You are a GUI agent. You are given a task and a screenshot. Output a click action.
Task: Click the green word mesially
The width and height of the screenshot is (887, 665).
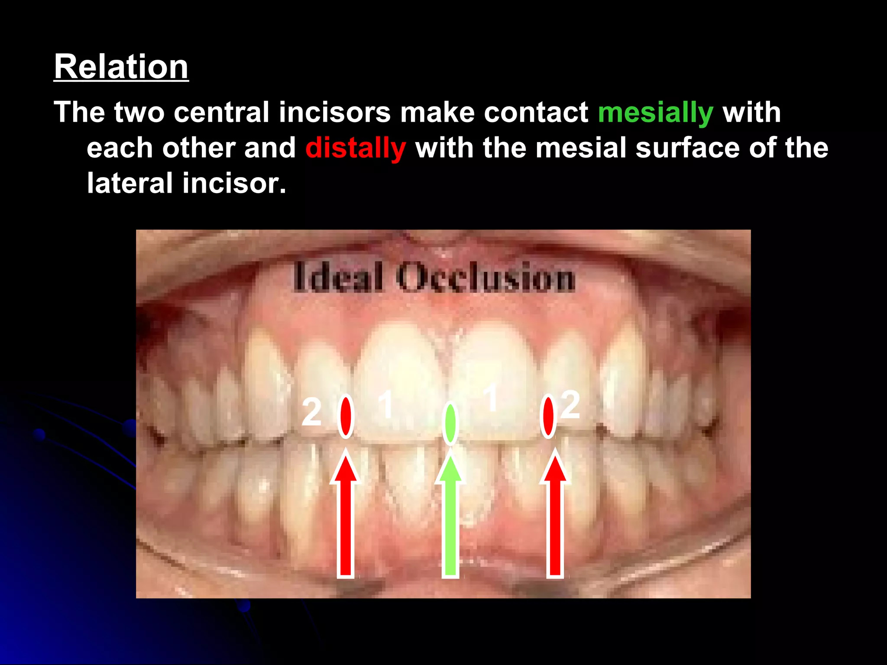(655, 113)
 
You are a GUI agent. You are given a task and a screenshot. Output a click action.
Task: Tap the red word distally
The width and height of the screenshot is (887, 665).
(356, 148)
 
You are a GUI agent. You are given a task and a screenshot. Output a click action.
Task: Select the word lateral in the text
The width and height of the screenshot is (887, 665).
(129, 183)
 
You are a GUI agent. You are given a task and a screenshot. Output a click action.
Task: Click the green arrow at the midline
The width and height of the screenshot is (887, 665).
(450, 515)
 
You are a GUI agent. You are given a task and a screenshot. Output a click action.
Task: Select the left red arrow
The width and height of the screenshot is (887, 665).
(346, 515)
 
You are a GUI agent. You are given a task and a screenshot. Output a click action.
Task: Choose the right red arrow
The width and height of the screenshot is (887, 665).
(555, 515)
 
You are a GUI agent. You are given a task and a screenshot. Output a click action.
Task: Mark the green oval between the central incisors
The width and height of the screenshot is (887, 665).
(450, 423)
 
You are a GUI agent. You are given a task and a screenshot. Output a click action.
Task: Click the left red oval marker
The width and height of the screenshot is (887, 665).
(346, 416)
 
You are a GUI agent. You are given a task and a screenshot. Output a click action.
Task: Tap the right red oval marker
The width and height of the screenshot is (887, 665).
(548, 416)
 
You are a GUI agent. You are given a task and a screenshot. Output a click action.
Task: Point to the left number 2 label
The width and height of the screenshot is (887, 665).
(311, 412)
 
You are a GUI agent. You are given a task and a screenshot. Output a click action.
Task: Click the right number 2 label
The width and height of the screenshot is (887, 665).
(570, 405)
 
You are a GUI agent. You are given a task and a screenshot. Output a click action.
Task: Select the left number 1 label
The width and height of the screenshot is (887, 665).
(385, 404)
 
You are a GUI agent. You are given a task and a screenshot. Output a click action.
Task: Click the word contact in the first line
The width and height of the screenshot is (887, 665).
(536, 113)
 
